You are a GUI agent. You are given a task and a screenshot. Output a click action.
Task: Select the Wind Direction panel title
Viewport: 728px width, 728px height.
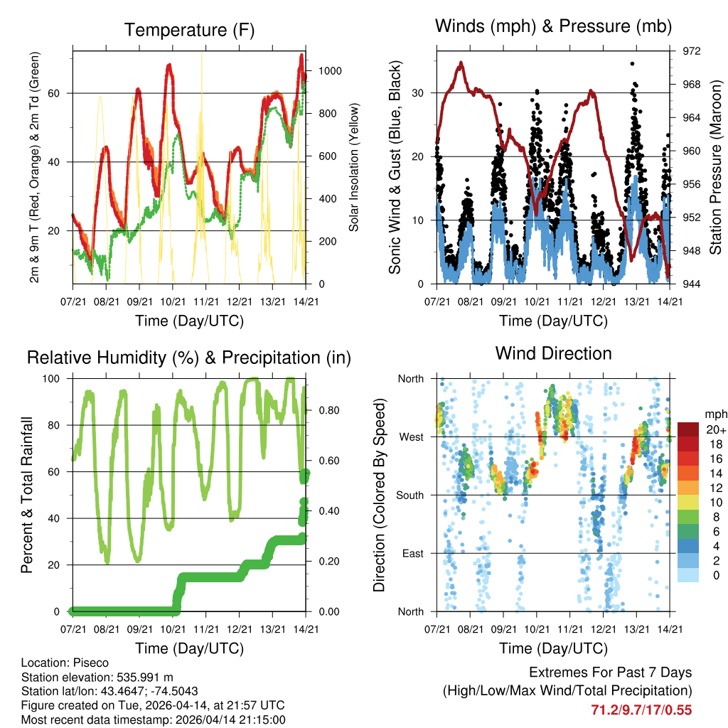point(553,353)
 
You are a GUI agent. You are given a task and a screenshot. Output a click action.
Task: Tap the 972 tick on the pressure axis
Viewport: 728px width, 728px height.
point(692,51)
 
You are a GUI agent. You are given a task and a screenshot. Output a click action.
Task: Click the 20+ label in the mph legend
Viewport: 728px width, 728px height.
point(715,429)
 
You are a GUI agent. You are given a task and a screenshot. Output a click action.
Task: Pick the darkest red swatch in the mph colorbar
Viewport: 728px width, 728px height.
point(687,429)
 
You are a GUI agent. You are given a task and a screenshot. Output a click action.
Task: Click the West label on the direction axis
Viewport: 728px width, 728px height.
point(410,437)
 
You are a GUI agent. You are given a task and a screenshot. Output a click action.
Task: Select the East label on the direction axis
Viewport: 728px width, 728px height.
point(412,553)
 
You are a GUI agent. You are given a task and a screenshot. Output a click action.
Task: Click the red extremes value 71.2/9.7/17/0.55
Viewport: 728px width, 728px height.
point(641,710)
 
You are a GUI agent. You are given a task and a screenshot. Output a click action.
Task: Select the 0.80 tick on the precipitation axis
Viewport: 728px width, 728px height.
point(326,410)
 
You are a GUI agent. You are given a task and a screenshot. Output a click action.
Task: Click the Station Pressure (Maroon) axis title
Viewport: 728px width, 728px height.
point(716,168)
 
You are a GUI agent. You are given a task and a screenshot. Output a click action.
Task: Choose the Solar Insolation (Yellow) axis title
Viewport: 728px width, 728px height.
point(353,168)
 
